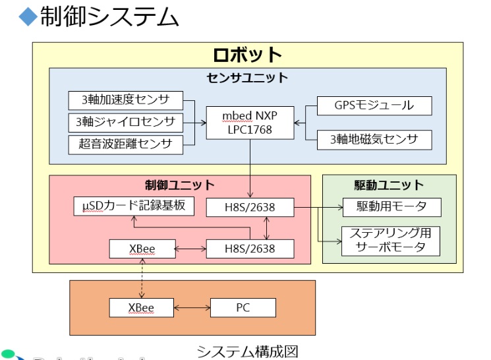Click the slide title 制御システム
point(109,17)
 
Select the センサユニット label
point(247,78)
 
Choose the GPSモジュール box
point(374,105)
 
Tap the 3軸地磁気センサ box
point(374,139)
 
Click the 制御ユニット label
point(180,185)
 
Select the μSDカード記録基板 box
point(134,206)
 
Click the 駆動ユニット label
point(389,185)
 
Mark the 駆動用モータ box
point(391,207)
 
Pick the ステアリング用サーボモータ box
point(391,241)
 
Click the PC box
point(243,307)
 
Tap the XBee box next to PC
point(141,307)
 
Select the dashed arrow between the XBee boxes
point(141,278)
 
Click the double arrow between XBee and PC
point(191,307)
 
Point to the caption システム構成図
point(247,351)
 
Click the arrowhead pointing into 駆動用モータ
point(339,207)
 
